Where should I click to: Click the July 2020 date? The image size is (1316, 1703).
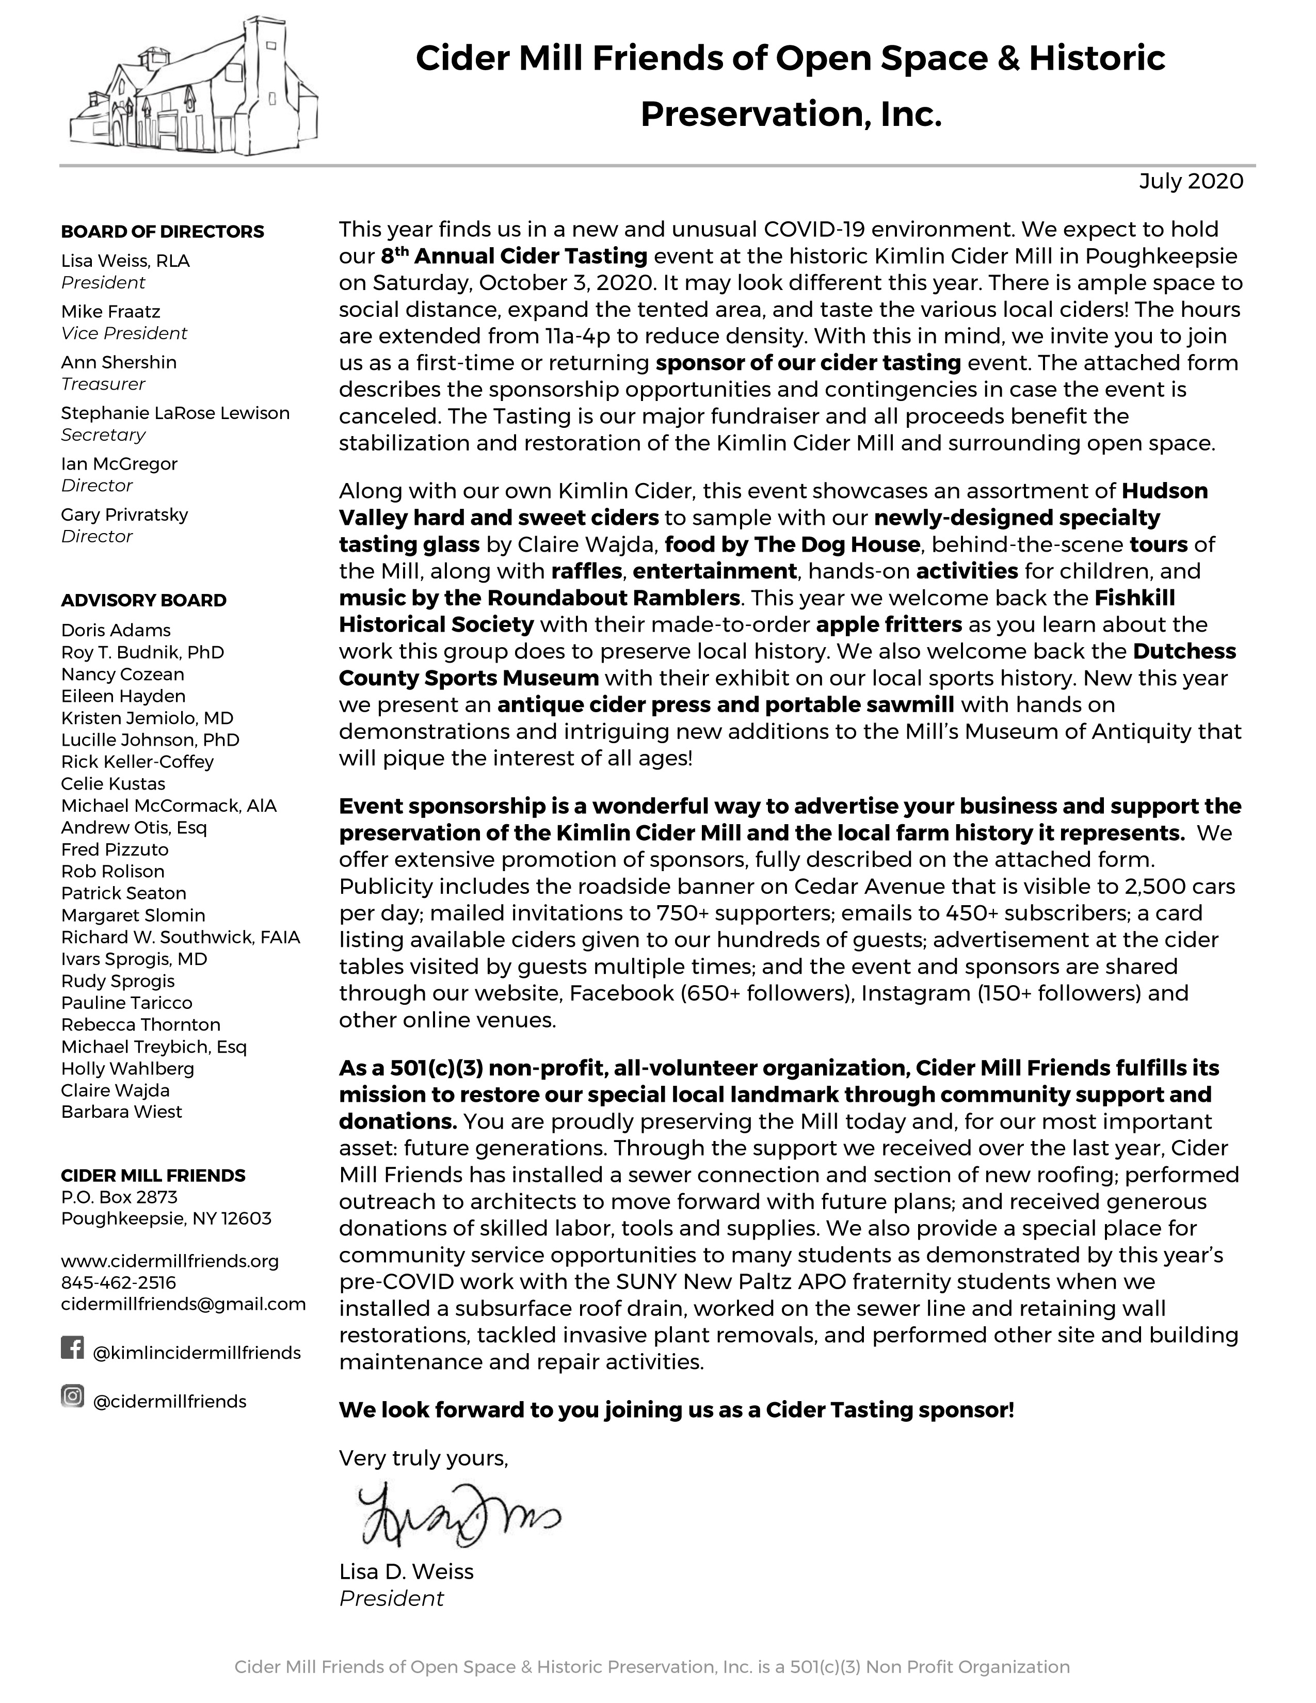point(1191,182)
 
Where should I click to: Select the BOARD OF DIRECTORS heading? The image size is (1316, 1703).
point(162,232)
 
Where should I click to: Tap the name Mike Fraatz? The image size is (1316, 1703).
point(111,312)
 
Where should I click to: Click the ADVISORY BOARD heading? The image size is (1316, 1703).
point(143,600)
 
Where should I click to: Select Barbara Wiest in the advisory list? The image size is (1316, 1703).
point(122,1112)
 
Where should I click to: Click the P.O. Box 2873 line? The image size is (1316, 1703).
point(119,1197)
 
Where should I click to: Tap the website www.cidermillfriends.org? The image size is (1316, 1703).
point(169,1261)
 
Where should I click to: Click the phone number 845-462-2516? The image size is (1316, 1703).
point(119,1283)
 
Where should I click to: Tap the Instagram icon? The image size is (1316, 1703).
point(72,1396)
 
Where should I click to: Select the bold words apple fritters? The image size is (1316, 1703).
point(889,624)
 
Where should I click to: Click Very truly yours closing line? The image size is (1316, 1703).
point(423,1458)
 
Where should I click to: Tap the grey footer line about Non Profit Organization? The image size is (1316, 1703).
point(652,1667)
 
